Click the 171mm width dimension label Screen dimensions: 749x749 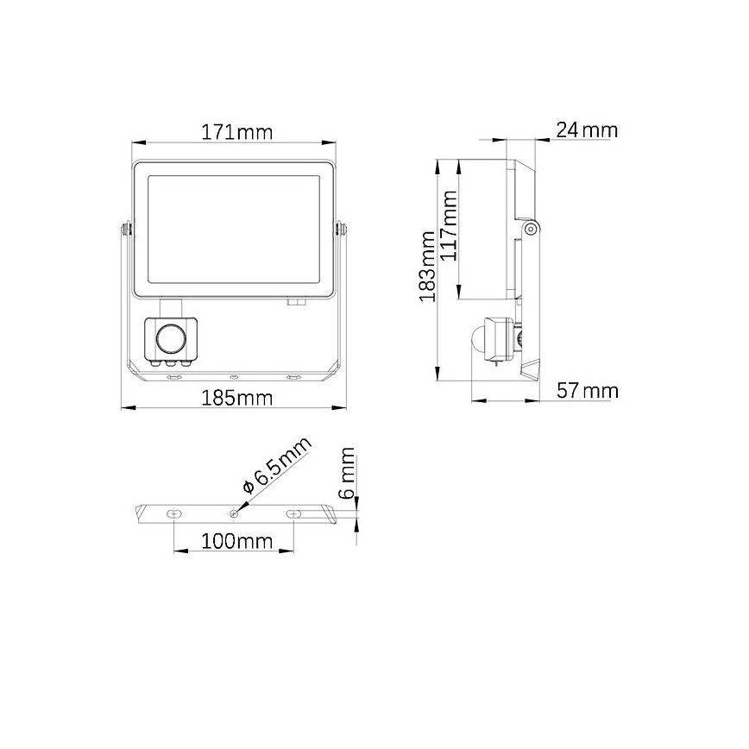pyautogui.click(x=236, y=133)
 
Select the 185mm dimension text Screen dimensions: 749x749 pyautogui.click(x=236, y=398)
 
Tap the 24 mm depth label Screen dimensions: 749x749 pyautogui.click(x=587, y=130)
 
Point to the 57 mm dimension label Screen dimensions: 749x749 pyautogui.click(x=587, y=391)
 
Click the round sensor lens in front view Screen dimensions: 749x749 pyautogui.click(x=171, y=337)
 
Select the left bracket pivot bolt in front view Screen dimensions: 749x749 pyautogui.click(x=127, y=229)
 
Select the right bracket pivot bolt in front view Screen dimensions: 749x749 pyautogui.click(x=339, y=229)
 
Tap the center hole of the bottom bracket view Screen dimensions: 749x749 pyautogui.click(x=234, y=513)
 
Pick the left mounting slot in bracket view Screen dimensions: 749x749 pyautogui.click(x=174, y=513)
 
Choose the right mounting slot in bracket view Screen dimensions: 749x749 pyautogui.click(x=294, y=513)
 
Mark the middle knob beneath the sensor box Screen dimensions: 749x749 pyautogui.click(x=171, y=365)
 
